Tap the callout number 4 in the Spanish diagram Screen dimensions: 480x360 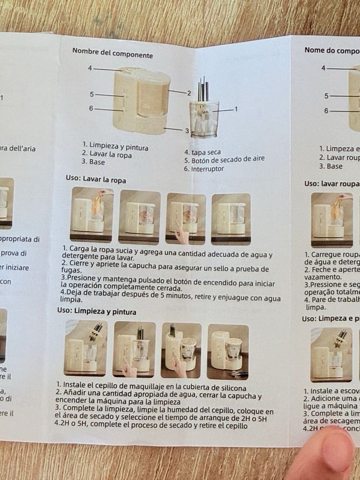point(90,68)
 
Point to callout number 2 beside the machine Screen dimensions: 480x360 point(190,93)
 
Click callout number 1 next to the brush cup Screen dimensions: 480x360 point(236,109)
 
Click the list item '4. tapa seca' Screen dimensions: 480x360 point(202,152)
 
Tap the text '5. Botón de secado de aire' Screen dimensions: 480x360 point(224,160)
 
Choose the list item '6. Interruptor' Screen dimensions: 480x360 point(204,169)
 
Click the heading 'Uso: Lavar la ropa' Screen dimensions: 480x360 point(96,180)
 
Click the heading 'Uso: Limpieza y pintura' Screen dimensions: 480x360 point(96,311)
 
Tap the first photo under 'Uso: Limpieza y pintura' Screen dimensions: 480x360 point(85,348)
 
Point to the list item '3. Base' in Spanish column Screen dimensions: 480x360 point(93,162)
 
